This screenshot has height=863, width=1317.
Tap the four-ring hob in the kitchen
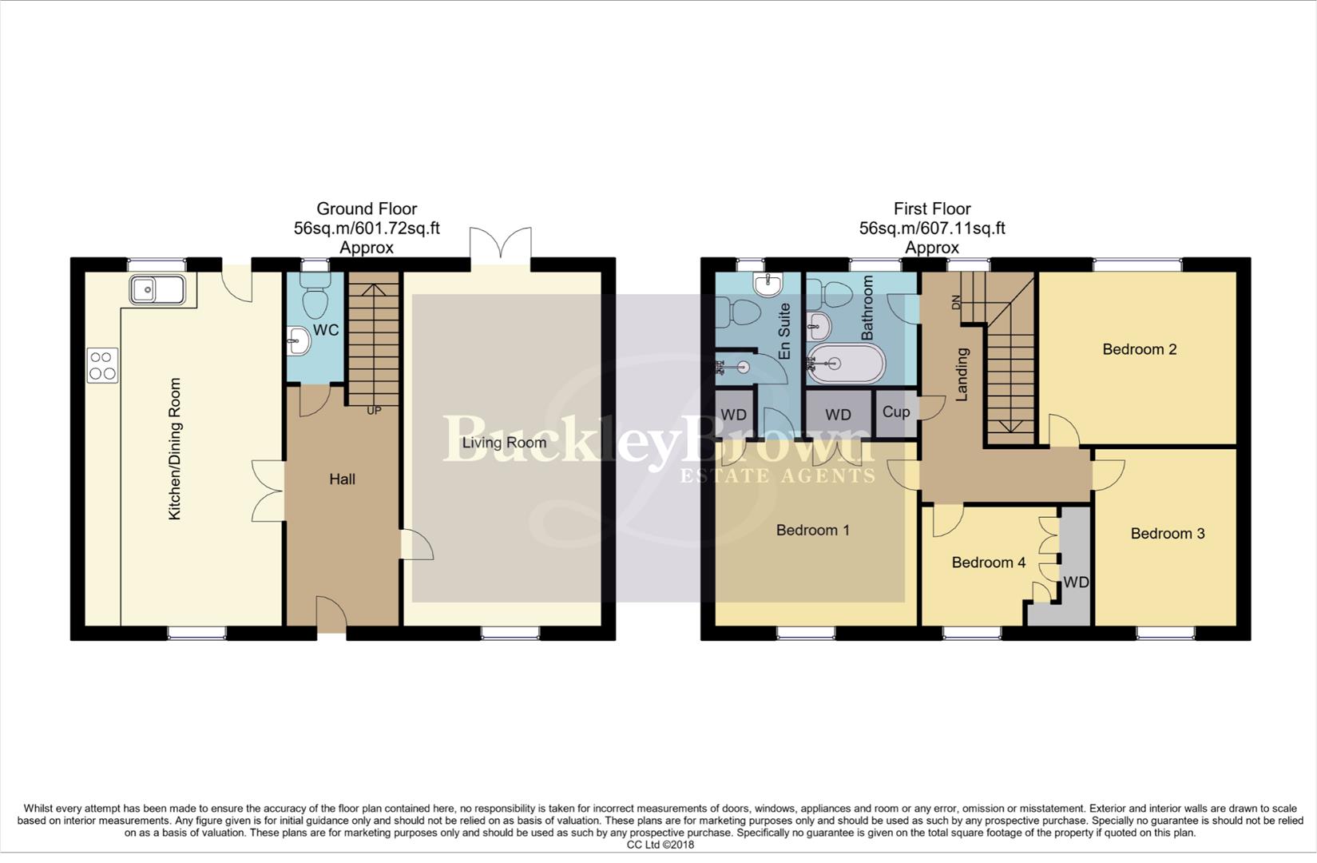[x=101, y=366]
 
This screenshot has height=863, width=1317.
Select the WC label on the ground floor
[x=326, y=330]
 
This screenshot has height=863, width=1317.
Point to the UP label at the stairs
[x=373, y=411]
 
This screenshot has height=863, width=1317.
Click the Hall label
[x=342, y=479]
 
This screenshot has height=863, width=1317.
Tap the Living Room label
[x=504, y=443]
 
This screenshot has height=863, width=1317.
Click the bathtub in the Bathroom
[x=846, y=364]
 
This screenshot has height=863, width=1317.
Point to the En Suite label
[x=784, y=331]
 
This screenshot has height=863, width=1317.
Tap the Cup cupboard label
[x=895, y=412]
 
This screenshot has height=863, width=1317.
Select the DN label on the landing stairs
[x=955, y=303]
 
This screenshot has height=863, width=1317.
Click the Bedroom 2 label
[x=1139, y=349]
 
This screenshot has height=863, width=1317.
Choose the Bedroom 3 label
[x=1167, y=534]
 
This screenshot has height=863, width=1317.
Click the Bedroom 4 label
[x=988, y=563]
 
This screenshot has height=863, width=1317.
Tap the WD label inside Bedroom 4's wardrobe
[x=1076, y=583]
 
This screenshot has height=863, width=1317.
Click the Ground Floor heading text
[x=367, y=209]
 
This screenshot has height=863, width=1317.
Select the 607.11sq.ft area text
[x=965, y=229]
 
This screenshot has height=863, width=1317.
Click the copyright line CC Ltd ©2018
[x=660, y=845]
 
